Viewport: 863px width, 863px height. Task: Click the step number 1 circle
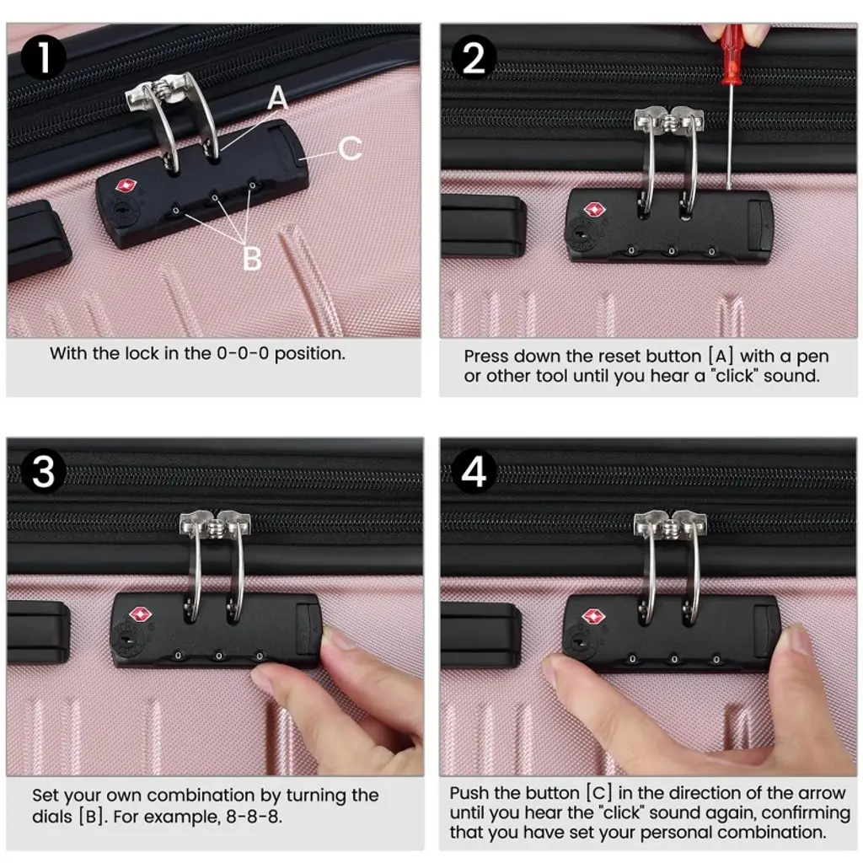pyautogui.click(x=44, y=58)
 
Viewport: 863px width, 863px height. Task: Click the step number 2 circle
pyautogui.click(x=474, y=57)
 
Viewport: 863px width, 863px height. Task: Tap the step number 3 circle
pyautogui.click(x=44, y=471)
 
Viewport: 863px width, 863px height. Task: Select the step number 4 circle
pyautogui.click(x=474, y=471)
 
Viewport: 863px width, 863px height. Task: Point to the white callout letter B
pyautogui.click(x=252, y=258)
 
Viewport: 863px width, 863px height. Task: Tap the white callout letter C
pyautogui.click(x=350, y=148)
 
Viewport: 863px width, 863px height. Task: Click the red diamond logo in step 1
pyautogui.click(x=126, y=186)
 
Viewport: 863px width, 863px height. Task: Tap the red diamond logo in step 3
pyautogui.click(x=141, y=614)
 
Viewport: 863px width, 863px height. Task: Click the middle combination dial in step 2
pyautogui.click(x=672, y=251)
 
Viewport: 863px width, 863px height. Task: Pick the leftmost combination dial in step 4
pyautogui.click(x=632, y=659)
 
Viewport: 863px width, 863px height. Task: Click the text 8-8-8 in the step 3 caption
pyautogui.click(x=254, y=816)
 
